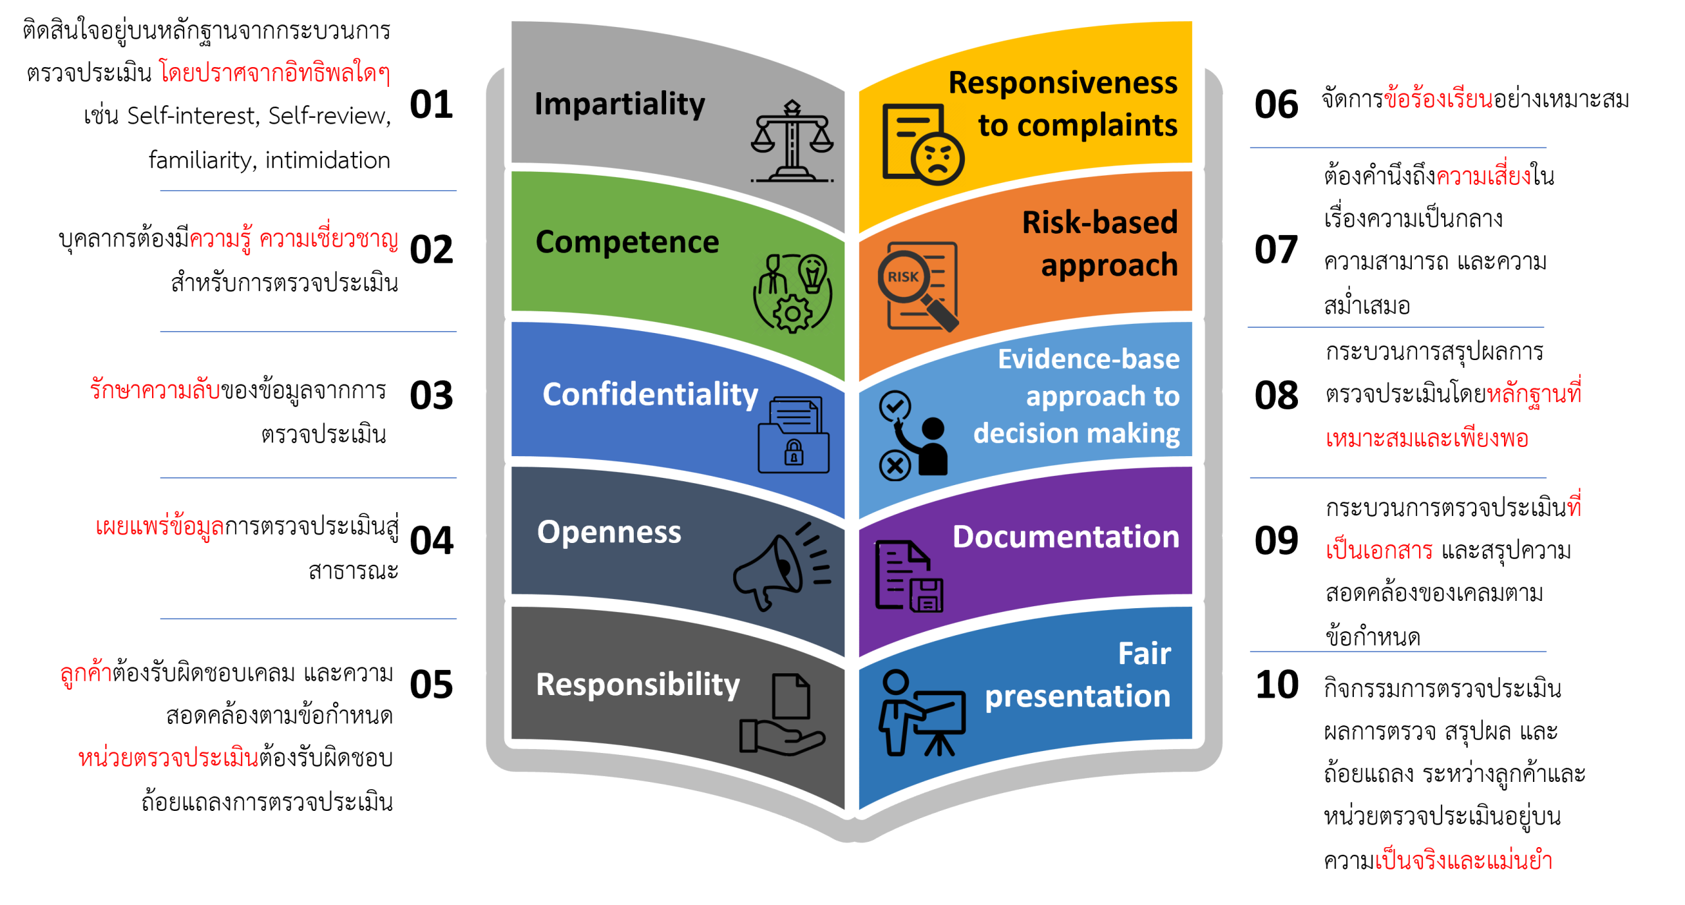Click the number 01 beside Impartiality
(x=431, y=105)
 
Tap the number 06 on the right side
(x=1276, y=105)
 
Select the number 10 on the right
(x=1276, y=685)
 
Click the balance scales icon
(x=792, y=141)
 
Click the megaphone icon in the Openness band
(x=782, y=567)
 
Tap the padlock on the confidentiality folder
(x=793, y=453)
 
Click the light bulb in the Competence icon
(x=812, y=272)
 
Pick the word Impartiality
(x=619, y=104)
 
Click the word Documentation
(x=1066, y=536)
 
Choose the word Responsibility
(x=638, y=685)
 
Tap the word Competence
(x=627, y=242)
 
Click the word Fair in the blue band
(x=1144, y=653)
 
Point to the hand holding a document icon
(x=782, y=715)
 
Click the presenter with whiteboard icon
(x=921, y=713)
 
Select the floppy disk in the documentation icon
(x=926, y=596)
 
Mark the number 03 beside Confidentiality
(x=431, y=396)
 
